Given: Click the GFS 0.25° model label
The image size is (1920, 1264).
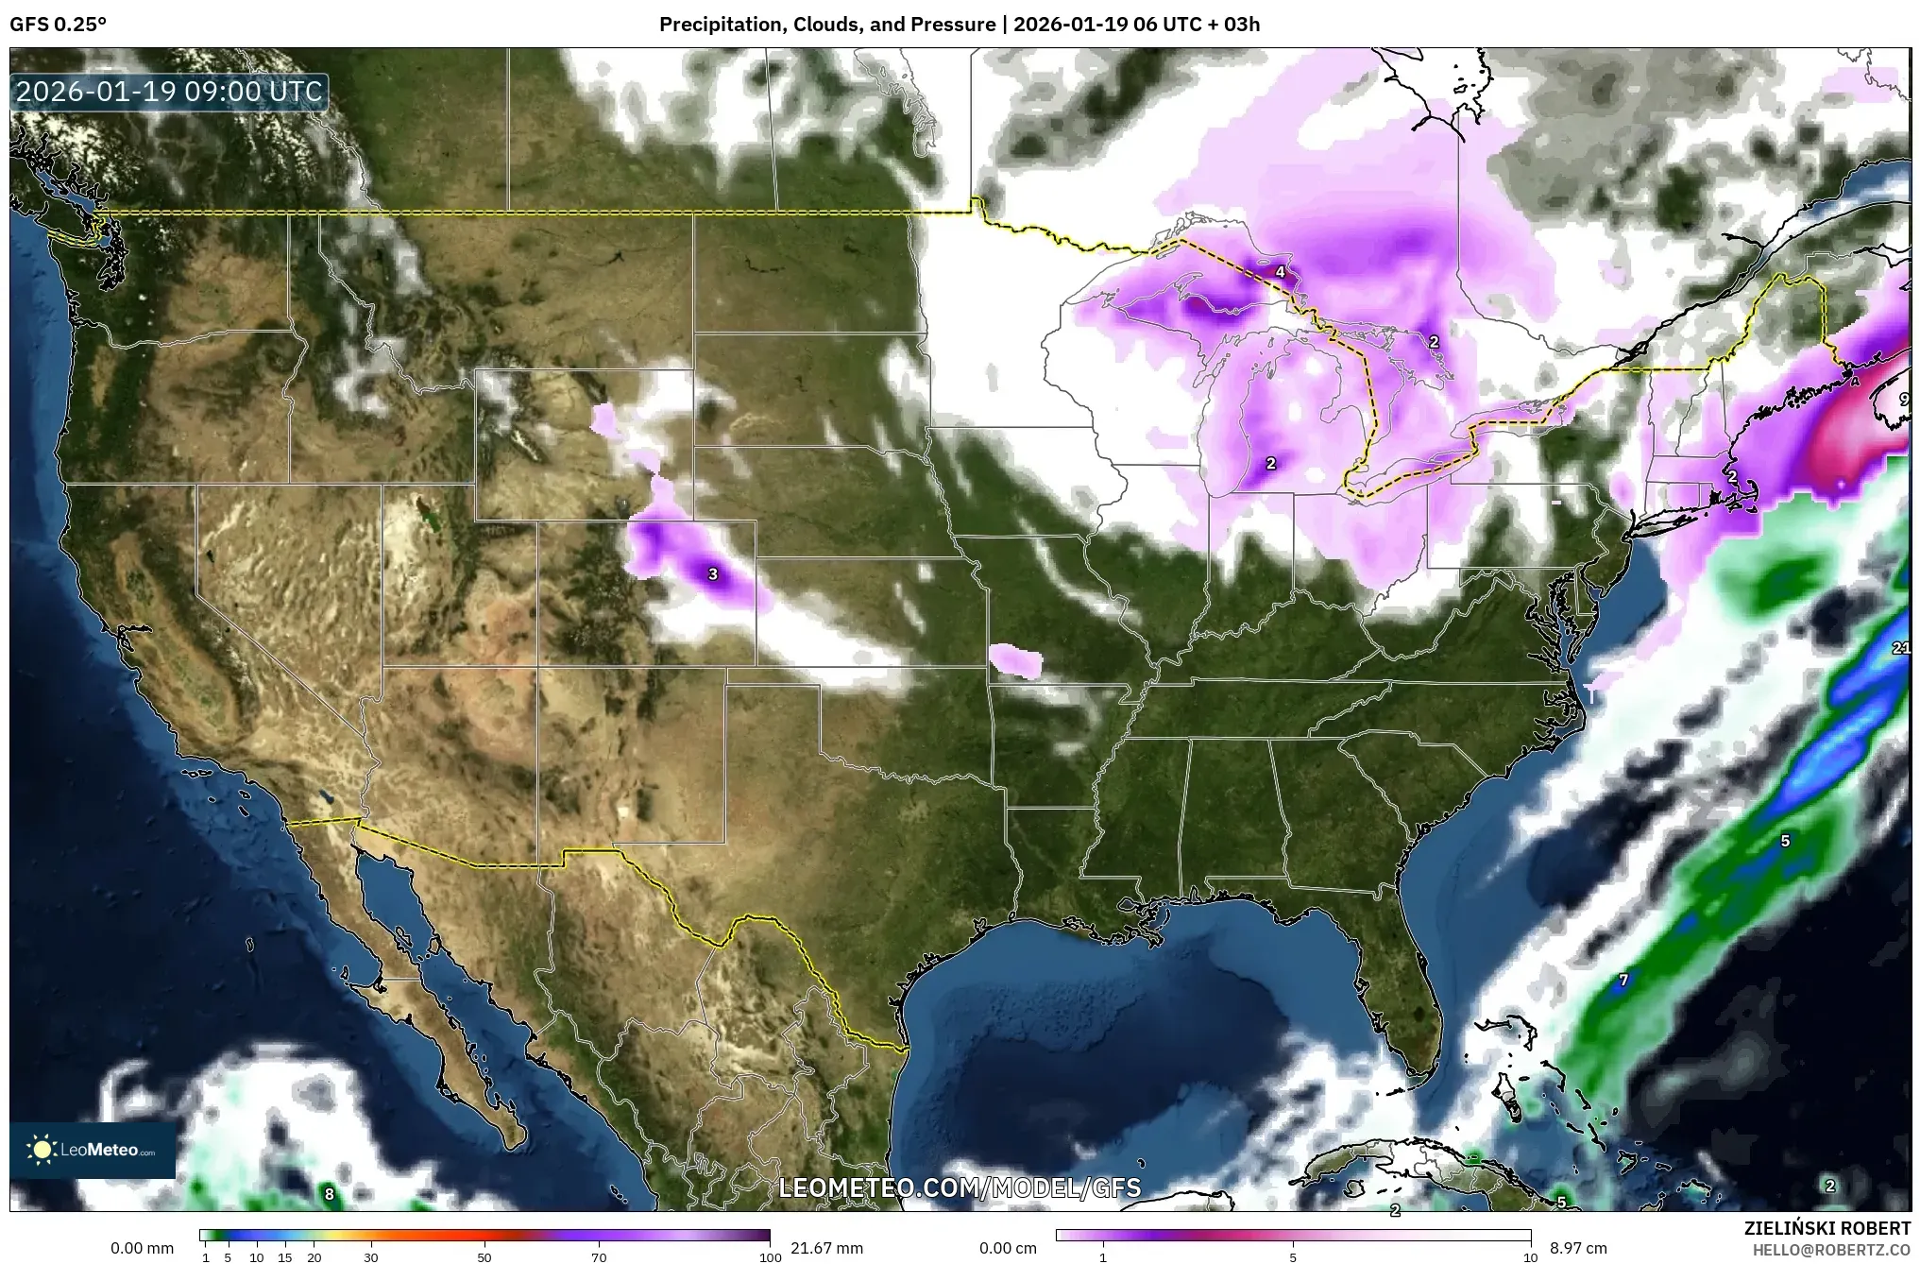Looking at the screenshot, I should tap(58, 25).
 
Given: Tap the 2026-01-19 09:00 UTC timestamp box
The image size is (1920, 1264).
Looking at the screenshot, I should tap(170, 92).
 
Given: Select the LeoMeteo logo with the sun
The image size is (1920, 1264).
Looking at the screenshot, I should tap(92, 1150).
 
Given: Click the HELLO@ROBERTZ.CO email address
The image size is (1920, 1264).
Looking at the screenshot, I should tap(1831, 1249).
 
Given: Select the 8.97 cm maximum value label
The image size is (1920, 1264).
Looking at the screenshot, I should tap(1578, 1248).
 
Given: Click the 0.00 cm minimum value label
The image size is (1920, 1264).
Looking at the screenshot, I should tap(1008, 1248).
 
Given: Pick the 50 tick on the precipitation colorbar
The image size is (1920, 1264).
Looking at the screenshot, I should tap(484, 1257).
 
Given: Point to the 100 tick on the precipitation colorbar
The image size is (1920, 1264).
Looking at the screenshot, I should tap(771, 1257).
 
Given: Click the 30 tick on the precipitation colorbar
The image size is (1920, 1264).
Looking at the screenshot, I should tap(371, 1257).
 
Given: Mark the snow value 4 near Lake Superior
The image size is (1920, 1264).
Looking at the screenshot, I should tap(1280, 272).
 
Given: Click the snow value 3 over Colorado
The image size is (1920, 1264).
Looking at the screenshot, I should tap(713, 573).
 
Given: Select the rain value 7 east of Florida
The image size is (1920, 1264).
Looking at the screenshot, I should tap(1623, 981).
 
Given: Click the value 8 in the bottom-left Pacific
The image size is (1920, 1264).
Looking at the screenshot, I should tap(329, 1194).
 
